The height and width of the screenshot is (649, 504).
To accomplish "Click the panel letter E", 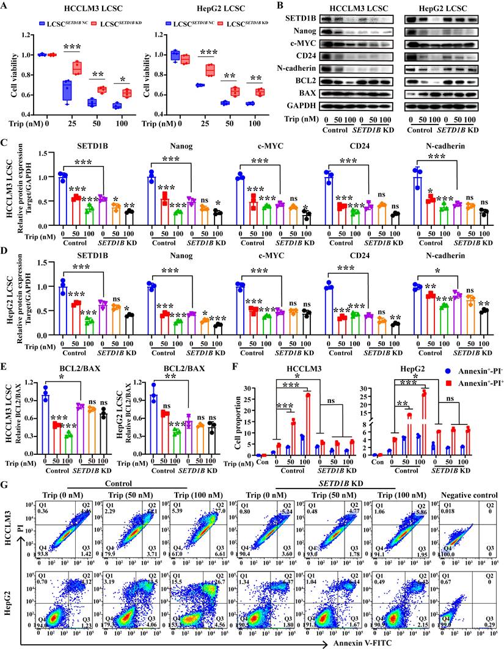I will pyautogui.click(x=5, y=367).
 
